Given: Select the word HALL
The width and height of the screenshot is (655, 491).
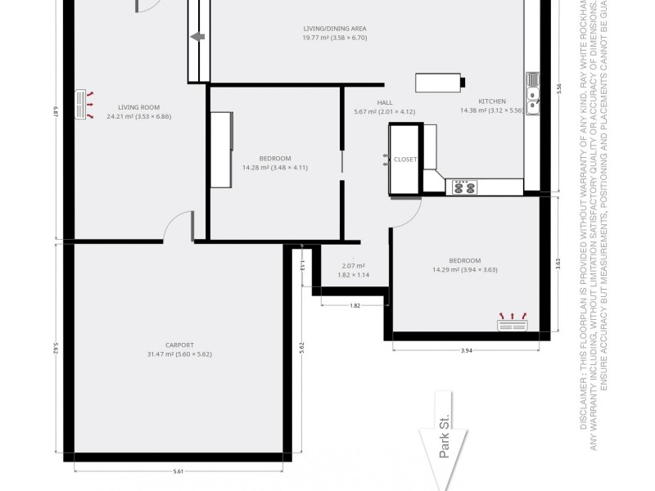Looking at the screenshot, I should pyautogui.click(x=385, y=102).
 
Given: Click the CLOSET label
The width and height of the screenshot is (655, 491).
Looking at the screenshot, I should pyautogui.click(x=405, y=160).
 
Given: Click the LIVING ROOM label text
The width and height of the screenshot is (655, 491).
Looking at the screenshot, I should pyautogui.click(x=138, y=107).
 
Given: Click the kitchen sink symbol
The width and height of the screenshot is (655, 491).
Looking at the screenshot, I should pyautogui.click(x=533, y=91).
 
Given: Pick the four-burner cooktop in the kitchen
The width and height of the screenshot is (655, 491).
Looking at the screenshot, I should pyautogui.click(x=464, y=187).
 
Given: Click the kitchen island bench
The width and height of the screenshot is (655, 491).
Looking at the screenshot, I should pyautogui.click(x=440, y=83).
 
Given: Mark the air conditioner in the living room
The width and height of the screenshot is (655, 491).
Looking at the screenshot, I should pyautogui.click(x=83, y=105).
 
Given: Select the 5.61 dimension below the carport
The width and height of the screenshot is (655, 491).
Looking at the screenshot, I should pyautogui.click(x=178, y=471).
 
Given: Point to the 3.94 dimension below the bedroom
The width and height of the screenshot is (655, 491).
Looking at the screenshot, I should pyautogui.click(x=467, y=350).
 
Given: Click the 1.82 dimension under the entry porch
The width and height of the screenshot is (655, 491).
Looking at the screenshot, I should pyautogui.click(x=355, y=305).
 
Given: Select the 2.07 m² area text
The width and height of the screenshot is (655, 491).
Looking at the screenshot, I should pyautogui.click(x=354, y=265).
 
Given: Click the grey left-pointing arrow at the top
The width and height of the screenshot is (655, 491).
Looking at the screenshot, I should pyautogui.click(x=197, y=37).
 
